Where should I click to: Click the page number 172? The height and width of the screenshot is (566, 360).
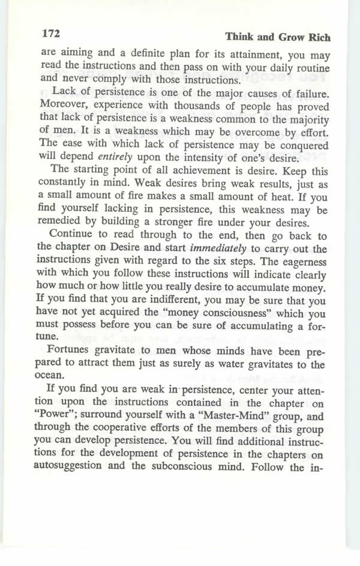pyautogui.click(x=51, y=31)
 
